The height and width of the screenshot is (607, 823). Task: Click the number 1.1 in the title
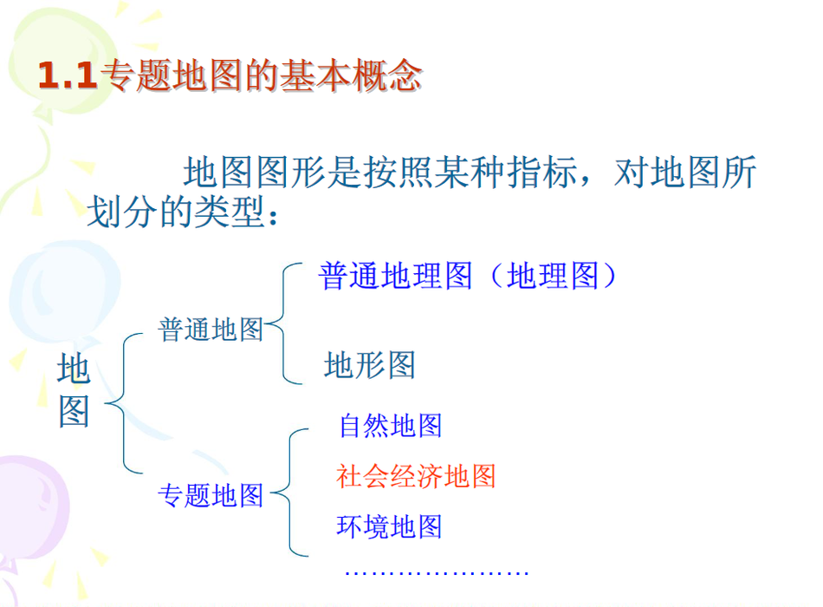click(x=68, y=75)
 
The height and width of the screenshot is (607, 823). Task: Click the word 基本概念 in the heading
click(x=351, y=75)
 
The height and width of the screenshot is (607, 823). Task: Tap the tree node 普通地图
click(x=211, y=330)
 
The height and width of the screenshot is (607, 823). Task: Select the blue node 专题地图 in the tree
click(x=211, y=495)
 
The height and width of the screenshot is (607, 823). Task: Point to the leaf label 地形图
click(x=370, y=365)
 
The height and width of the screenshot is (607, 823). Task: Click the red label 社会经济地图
click(x=416, y=476)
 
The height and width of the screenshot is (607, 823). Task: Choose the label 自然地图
click(x=391, y=425)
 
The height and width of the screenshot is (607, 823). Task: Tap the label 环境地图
click(x=389, y=526)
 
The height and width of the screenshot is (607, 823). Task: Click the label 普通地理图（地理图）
click(x=468, y=276)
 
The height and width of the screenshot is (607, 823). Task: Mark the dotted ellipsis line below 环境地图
click(x=437, y=573)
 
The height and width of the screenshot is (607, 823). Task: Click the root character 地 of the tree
click(x=74, y=369)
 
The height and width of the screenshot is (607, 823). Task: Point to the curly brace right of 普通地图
click(x=282, y=323)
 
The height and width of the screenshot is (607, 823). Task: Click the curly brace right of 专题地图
click(x=289, y=493)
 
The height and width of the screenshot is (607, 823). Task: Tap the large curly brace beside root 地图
click(x=123, y=403)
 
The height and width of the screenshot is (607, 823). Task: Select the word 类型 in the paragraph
click(x=229, y=212)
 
